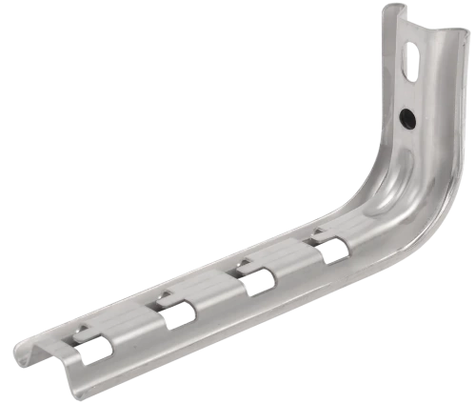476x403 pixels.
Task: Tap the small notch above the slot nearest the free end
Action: click(82, 330)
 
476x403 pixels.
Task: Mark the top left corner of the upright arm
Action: click(387, 11)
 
